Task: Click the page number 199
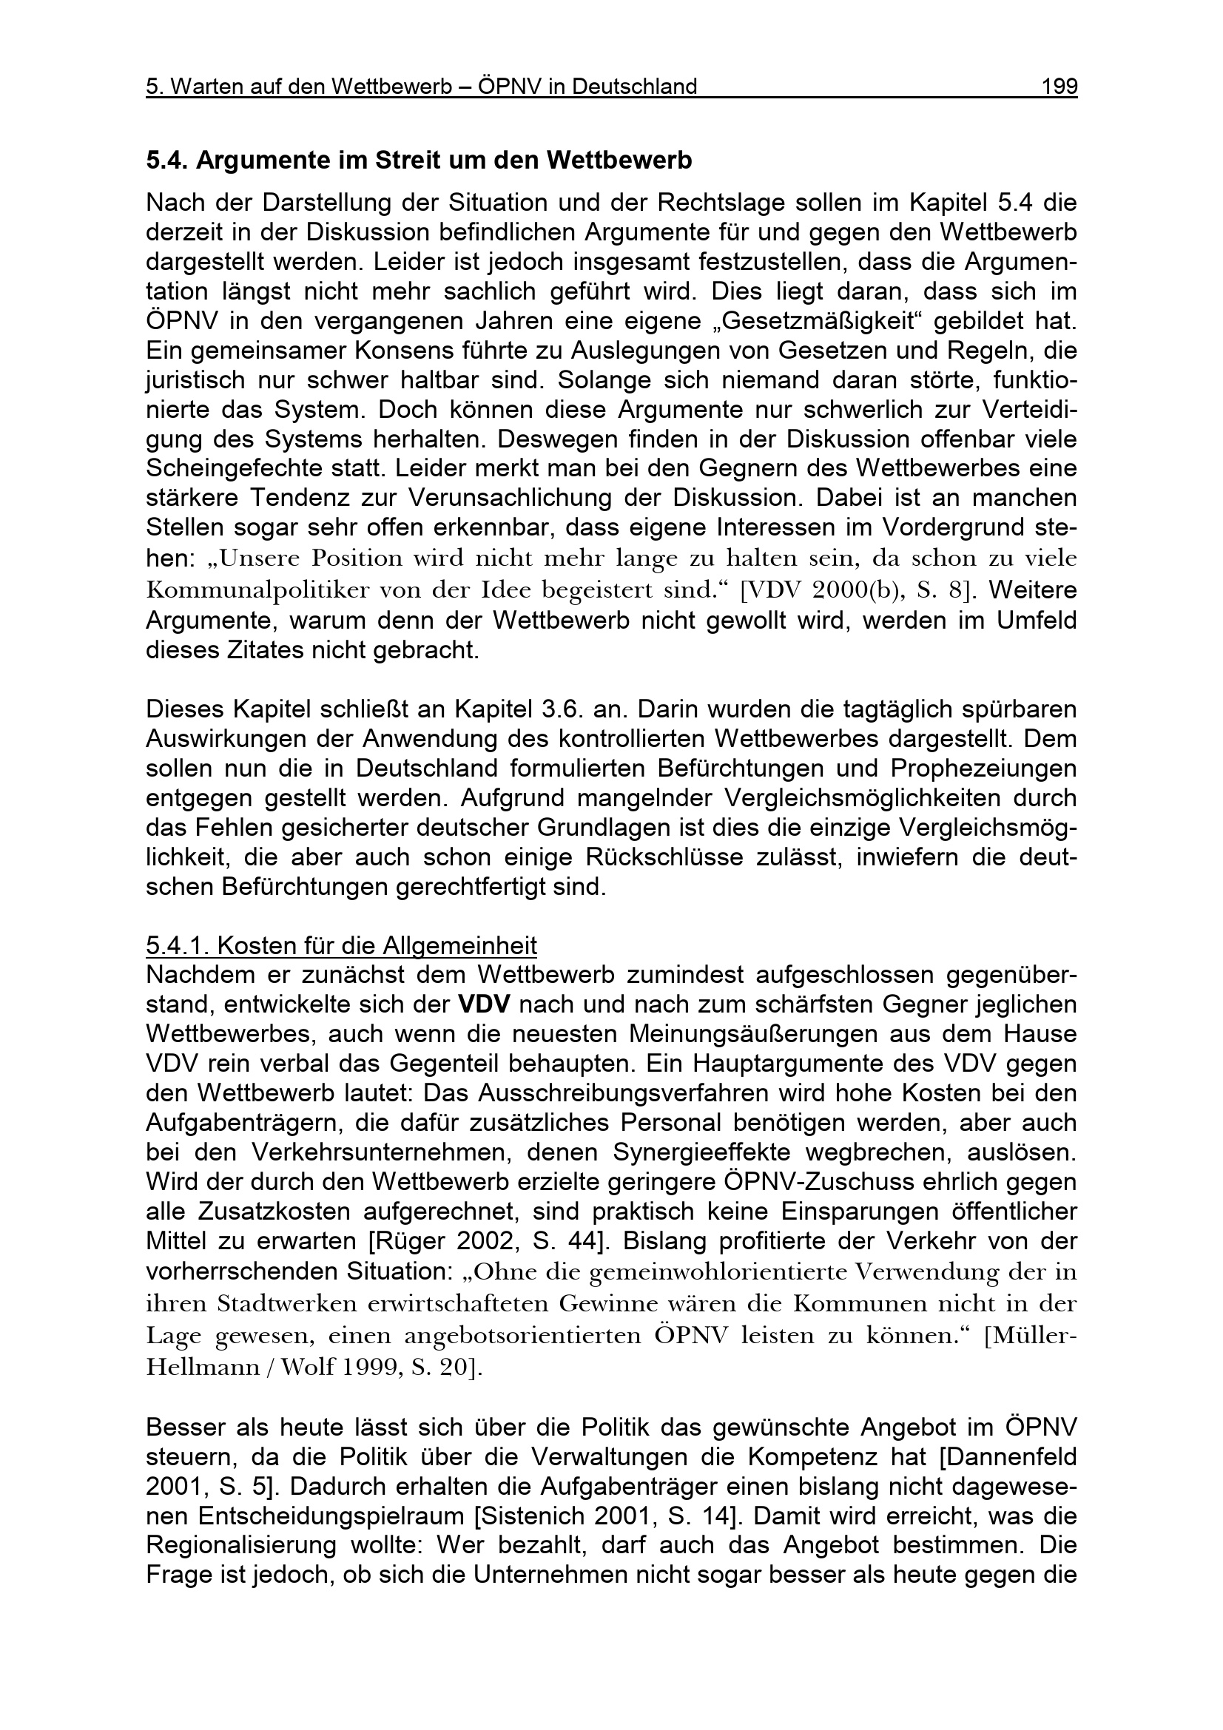tap(1059, 87)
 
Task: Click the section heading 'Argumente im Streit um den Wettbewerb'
tap(418, 160)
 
